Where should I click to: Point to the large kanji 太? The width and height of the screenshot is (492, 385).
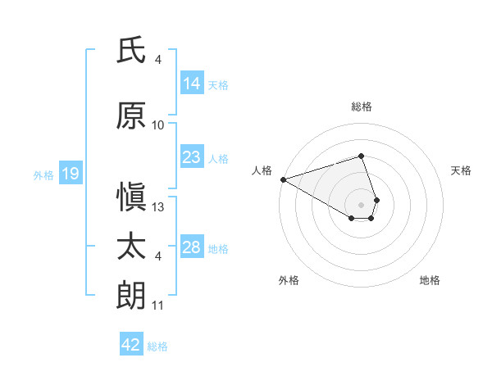click(131, 247)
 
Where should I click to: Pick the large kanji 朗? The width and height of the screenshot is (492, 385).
click(131, 296)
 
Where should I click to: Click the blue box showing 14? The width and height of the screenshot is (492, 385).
click(191, 84)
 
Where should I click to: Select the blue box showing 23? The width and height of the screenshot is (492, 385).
click(191, 157)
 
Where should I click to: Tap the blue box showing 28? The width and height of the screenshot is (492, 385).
click(191, 247)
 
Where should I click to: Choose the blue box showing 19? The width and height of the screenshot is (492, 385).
click(70, 174)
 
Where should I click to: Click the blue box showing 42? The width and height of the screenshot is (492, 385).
click(131, 345)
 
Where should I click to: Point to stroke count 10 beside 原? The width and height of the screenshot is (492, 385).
click(158, 125)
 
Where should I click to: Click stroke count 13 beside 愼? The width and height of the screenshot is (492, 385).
click(158, 208)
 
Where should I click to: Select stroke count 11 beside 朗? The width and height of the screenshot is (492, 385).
click(158, 306)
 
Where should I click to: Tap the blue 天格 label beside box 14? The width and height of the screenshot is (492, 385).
click(218, 84)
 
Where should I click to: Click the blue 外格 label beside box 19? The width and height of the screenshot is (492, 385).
click(43, 174)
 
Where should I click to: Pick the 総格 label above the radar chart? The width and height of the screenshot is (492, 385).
click(361, 106)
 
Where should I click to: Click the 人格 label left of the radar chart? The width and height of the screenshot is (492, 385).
click(262, 170)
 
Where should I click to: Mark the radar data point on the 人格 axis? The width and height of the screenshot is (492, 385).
click(283, 179)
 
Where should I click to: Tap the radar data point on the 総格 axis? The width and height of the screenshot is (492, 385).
click(361, 156)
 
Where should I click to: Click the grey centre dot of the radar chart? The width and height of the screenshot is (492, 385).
click(361, 204)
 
